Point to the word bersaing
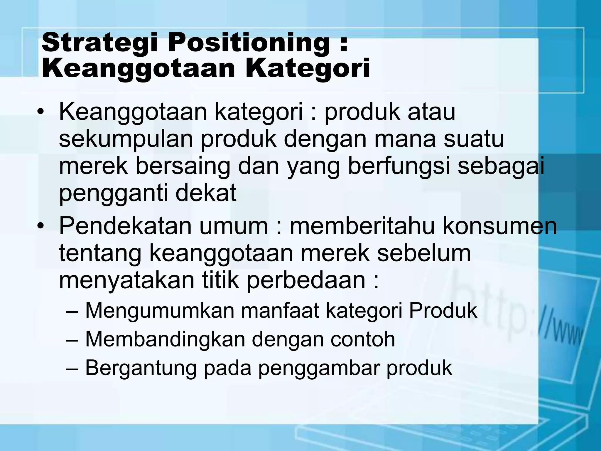click(x=183, y=167)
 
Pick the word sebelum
click(x=424, y=253)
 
